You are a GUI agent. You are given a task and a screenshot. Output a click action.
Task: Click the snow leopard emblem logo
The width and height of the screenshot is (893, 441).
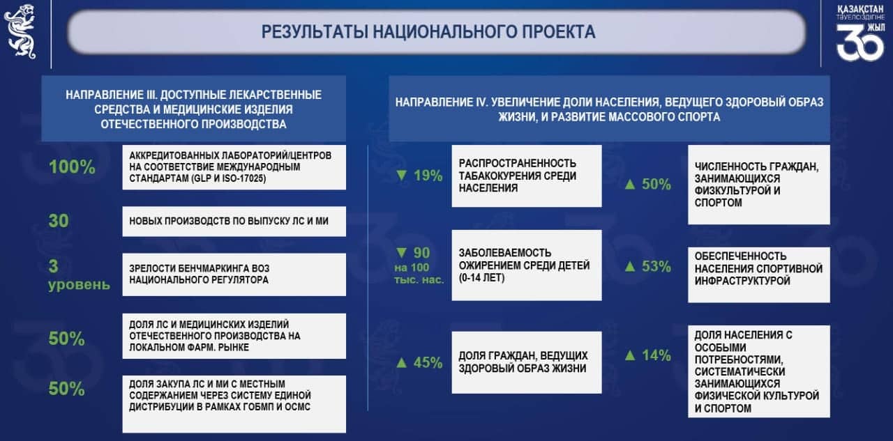pos(20,31)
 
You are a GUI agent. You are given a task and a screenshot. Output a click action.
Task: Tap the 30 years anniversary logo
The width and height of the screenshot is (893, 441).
pos(860,33)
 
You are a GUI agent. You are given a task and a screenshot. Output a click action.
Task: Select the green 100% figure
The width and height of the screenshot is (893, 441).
pos(72,167)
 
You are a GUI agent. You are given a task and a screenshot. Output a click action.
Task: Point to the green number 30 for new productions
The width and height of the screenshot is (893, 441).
pos(59,221)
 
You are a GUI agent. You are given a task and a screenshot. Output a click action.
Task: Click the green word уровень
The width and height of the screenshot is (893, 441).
pos(79,285)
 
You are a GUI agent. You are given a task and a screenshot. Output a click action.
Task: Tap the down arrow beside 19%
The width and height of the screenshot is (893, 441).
pos(401,176)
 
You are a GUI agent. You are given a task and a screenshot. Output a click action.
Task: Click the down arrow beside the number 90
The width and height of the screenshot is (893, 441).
pos(401,253)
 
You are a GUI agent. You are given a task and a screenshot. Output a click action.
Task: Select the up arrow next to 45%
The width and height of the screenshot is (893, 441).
pos(401,362)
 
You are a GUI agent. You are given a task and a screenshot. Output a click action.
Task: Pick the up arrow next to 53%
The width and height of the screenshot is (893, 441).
pos(630,266)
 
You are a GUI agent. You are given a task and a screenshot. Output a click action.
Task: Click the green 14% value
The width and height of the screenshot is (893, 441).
pos(656,355)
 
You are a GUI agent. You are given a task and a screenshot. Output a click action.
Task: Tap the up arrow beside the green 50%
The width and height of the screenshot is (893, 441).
pos(630,184)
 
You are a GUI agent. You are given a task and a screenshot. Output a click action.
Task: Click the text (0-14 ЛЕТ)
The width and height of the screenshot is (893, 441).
pos(481,277)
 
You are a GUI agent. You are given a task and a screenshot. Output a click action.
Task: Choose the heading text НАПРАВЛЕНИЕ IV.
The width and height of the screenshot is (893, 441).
pos(442,102)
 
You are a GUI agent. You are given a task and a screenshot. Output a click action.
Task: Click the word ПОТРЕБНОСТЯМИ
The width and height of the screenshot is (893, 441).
pos(739,359)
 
